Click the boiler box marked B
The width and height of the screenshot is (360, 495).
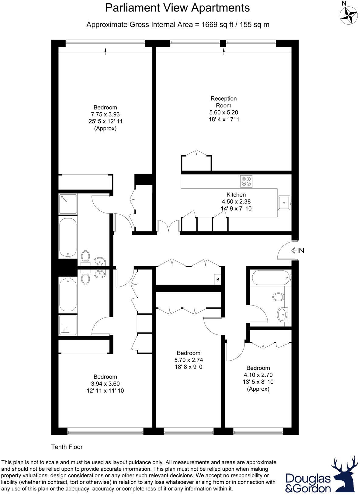(x=218, y=279)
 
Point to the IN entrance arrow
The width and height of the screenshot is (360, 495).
(x=297, y=251)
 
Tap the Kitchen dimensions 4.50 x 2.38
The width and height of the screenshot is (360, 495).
(x=236, y=202)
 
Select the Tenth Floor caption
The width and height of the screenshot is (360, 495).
(x=67, y=447)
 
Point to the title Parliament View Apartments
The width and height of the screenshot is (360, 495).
(x=177, y=8)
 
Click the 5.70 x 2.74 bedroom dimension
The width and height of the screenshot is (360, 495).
(x=189, y=360)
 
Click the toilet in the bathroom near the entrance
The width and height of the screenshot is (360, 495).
(x=278, y=296)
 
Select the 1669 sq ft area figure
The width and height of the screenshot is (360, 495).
(x=216, y=25)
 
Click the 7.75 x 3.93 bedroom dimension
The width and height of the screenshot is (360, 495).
(x=105, y=114)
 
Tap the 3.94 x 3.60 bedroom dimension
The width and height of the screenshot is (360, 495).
(x=105, y=384)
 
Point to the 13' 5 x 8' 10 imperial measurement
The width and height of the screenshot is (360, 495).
(x=258, y=382)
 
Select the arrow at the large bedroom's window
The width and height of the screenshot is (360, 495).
(x=105, y=51)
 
